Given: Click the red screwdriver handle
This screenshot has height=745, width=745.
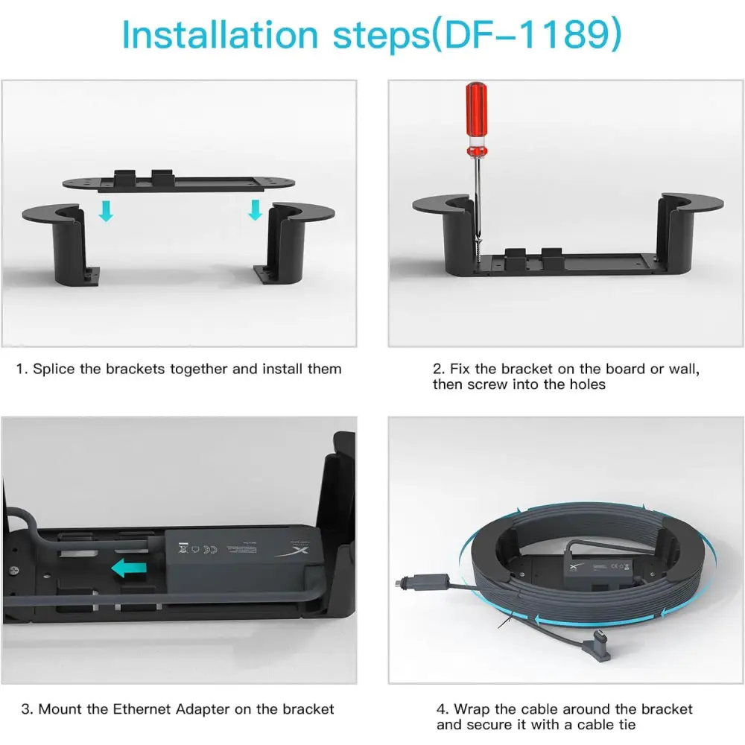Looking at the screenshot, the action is [476, 118].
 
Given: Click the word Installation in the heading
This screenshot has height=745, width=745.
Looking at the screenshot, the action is [220, 35].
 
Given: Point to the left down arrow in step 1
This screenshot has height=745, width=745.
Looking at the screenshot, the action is [106, 211].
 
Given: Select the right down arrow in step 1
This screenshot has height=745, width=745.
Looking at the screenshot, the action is [255, 209].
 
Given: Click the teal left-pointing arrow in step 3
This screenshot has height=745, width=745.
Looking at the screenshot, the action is [129, 568].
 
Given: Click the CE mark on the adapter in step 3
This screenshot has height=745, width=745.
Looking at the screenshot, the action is [211, 549].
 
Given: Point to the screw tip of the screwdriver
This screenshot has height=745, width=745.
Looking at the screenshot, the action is [478, 254].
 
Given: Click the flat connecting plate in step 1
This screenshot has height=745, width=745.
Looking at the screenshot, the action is [179, 181].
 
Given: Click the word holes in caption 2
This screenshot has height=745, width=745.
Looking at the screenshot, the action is [588, 384].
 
